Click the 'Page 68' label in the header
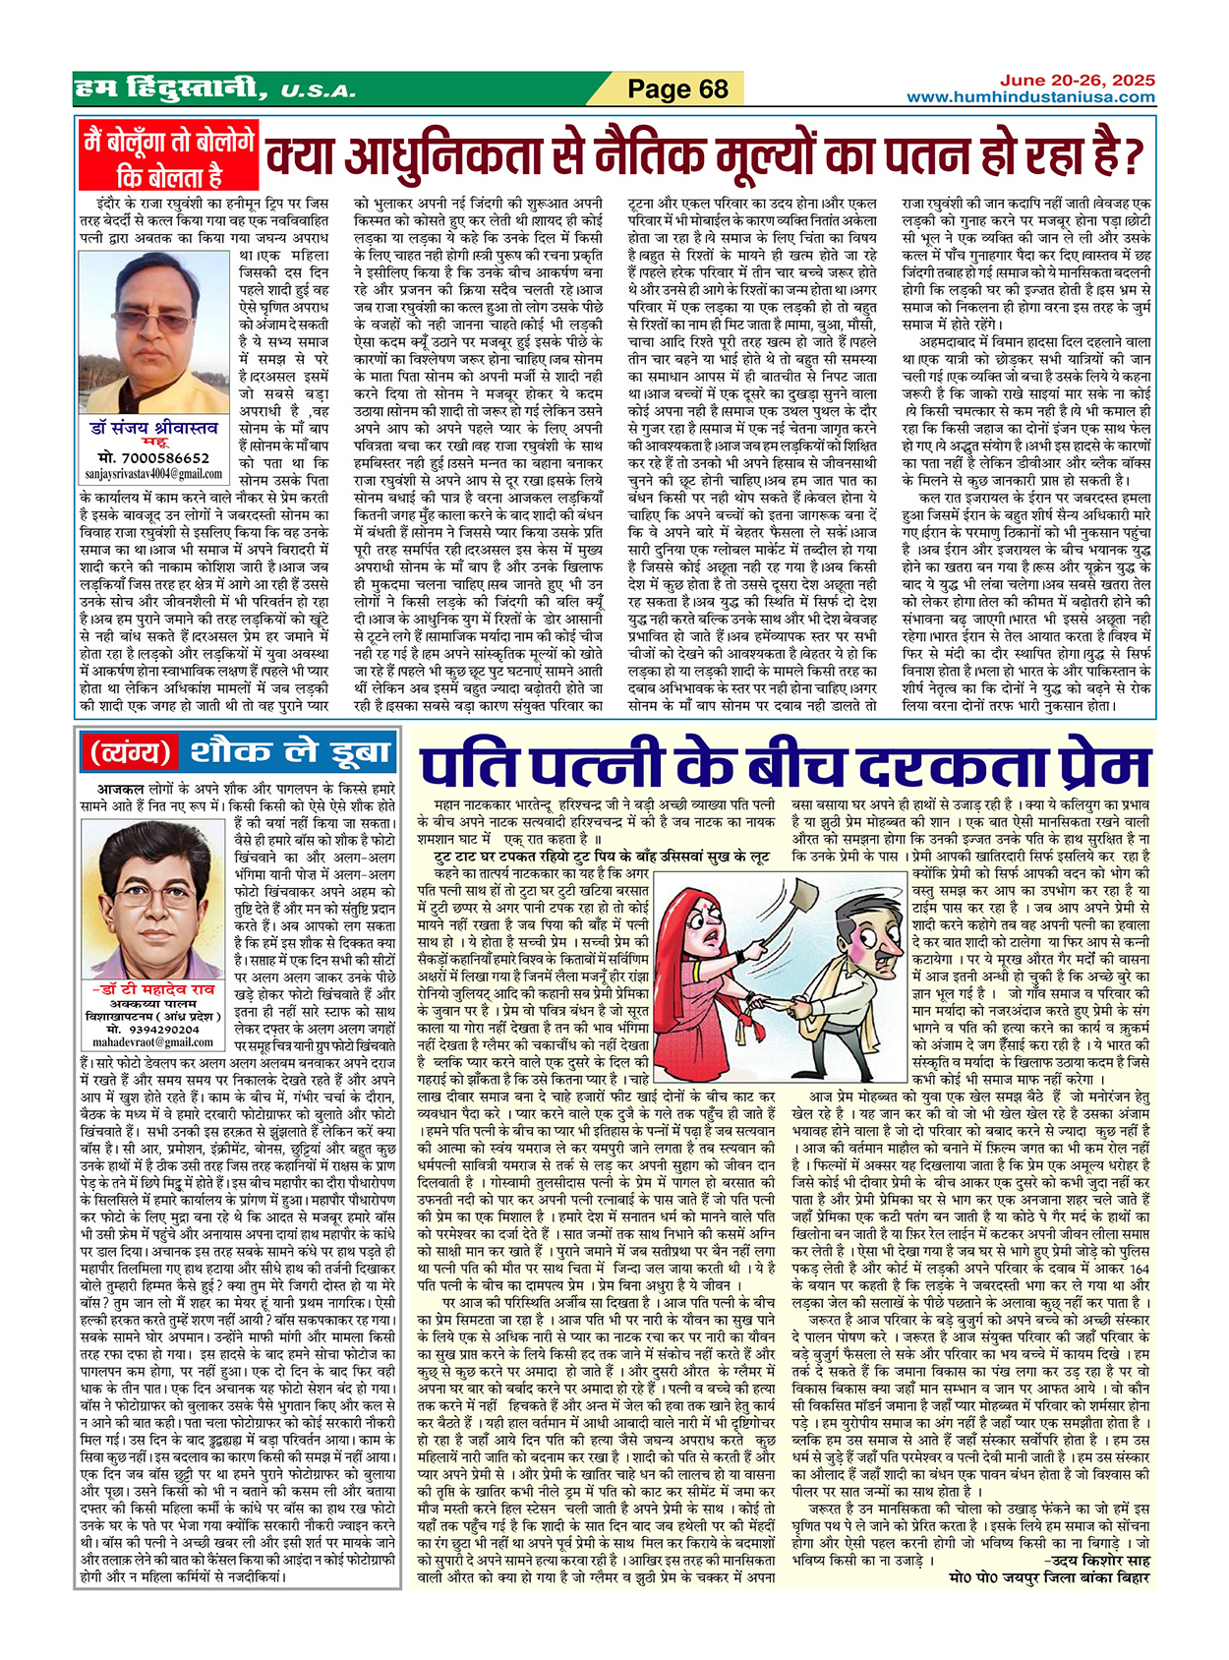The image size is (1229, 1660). pyautogui.click(x=677, y=89)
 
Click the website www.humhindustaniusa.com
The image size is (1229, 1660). pyautogui.click(x=1030, y=96)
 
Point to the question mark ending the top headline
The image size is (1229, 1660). pyautogui.click(x=1133, y=155)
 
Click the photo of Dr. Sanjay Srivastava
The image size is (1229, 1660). pyautogui.click(x=172, y=335)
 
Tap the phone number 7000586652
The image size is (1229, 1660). pyautogui.click(x=153, y=458)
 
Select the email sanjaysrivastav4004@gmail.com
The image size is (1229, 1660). pyautogui.click(x=153, y=473)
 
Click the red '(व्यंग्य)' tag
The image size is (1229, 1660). pyautogui.click(x=131, y=753)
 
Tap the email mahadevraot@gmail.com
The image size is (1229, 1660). pyautogui.click(x=153, y=1041)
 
